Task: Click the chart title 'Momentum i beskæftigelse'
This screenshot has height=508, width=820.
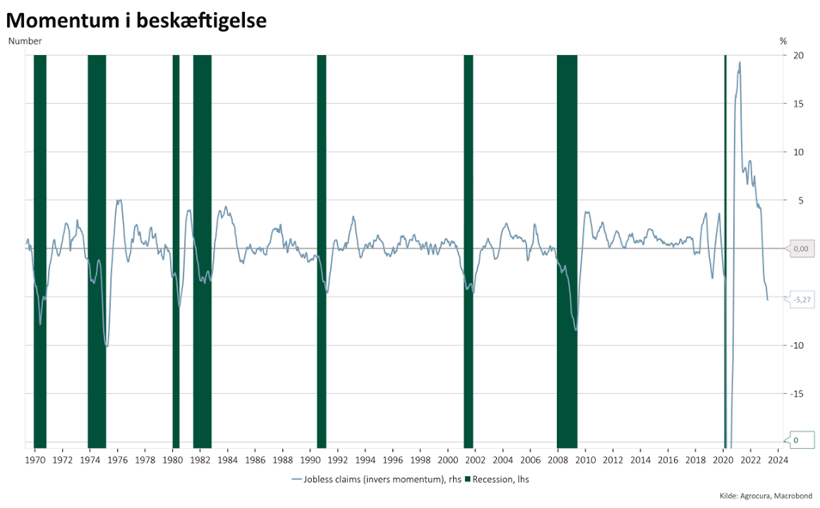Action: pos(136,20)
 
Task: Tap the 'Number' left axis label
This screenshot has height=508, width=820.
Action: pos(24,40)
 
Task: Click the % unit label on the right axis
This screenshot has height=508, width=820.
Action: pos(783,40)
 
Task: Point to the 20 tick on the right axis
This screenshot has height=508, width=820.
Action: pos(798,55)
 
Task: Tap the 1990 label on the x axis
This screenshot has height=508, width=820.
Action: pos(309,460)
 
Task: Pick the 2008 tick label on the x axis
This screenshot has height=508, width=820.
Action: pos(558,460)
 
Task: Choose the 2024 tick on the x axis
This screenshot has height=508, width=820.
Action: pos(778,460)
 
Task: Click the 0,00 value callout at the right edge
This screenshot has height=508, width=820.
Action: pos(800,248)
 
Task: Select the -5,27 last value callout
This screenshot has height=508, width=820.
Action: pos(801,299)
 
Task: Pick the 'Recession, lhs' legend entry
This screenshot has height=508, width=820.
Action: pos(498,479)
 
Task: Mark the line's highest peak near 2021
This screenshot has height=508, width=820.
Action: pos(739,63)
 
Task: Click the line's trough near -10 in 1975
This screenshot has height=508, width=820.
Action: pos(106,346)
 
